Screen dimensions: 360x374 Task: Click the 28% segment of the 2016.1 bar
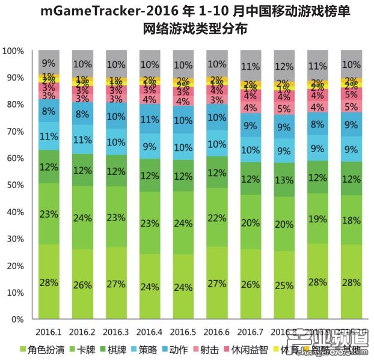[49, 281]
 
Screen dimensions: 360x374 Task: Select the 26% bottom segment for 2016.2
[82, 284]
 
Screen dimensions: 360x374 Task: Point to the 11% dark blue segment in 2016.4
[150, 119]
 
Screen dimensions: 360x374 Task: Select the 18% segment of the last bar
[350, 220]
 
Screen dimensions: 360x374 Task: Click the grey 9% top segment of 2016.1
[49, 62]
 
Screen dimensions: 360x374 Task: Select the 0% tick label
[17, 320]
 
